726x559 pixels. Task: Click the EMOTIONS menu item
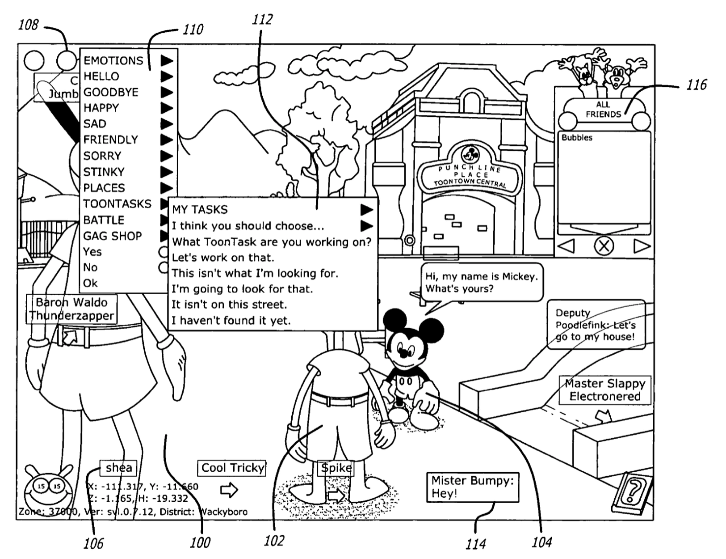113,60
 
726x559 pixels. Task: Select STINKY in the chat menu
104,172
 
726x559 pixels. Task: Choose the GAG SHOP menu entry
113,236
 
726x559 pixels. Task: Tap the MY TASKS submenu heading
200,209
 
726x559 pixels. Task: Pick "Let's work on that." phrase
223,258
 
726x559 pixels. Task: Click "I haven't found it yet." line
231,320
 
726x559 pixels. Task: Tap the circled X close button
604,246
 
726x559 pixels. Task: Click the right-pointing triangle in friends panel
642,246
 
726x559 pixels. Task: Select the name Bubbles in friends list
577,138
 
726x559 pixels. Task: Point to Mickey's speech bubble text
481,283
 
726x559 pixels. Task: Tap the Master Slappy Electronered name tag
604,390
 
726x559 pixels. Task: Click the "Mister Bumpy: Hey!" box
472,487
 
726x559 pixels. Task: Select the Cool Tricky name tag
232,468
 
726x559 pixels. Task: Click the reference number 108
28,25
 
